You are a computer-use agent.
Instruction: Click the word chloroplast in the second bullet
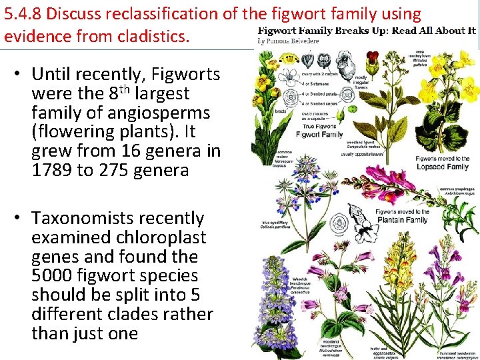tap(163, 237)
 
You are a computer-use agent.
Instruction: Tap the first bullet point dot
tap(21, 74)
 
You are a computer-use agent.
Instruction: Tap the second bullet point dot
tap(21, 218)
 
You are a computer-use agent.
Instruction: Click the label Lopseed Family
tap(443, 167)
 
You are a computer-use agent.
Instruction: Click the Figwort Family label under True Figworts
tap(319, 134)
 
